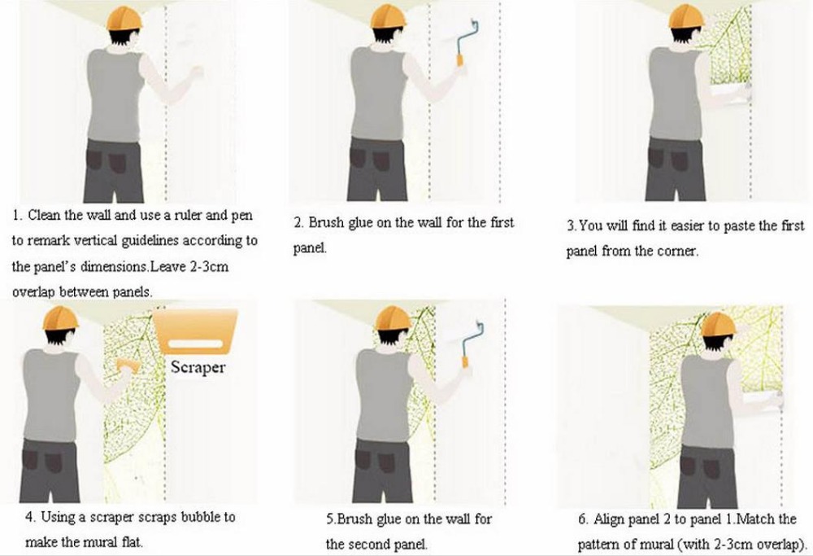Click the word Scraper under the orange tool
[198, 367]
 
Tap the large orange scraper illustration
[195, 331]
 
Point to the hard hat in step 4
[61, 318]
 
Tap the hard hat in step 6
[718, 325]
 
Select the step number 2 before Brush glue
[298, 223]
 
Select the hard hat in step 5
[393, 318]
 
